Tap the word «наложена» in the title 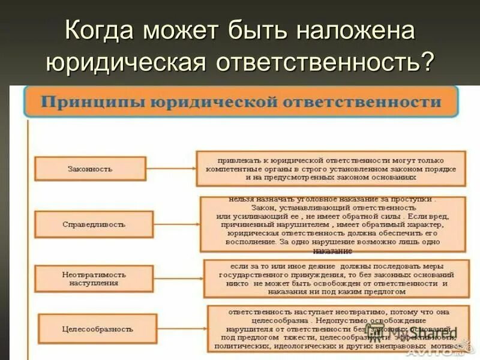click(361, 31)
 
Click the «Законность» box click(90, 169)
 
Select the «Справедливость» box click(94, 224)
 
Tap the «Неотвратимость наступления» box click(94, 277)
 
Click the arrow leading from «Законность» click(170, 169)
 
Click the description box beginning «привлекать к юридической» click(331, 169)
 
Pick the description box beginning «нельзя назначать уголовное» click(332, 224)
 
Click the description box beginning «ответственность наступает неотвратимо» click(336, 329)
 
